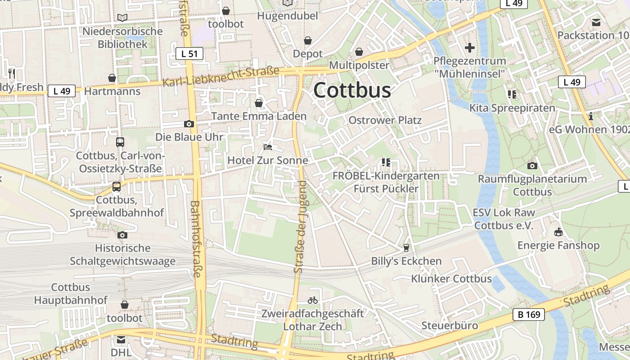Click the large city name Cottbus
tap(352, 90)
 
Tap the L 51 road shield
tap(189, 54)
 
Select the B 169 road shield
tap(529, 315)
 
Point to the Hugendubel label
tap(288, 16)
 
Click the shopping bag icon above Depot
tap(308, 41)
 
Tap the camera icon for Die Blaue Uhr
tap(189, 124)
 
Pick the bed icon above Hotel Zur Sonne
tap(268, 147)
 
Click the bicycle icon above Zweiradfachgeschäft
tap(313, 300)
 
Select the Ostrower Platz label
tap(385, 120)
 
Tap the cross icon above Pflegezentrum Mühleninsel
tap(470, 48)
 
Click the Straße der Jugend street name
tap(300, 226)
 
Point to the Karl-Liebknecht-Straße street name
tap(221, 77)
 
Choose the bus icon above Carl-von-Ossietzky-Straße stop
tap(120, 142)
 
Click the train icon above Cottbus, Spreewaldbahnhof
tap(117, 187)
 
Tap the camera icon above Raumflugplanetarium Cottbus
tap(532, 166)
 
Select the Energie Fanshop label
tap(558, 245)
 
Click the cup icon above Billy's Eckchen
tap(406, 247)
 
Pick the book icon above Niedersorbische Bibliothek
tap(122, 18)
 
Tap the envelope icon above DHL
tap(121, 340)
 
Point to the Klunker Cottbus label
tap(451, 279)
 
